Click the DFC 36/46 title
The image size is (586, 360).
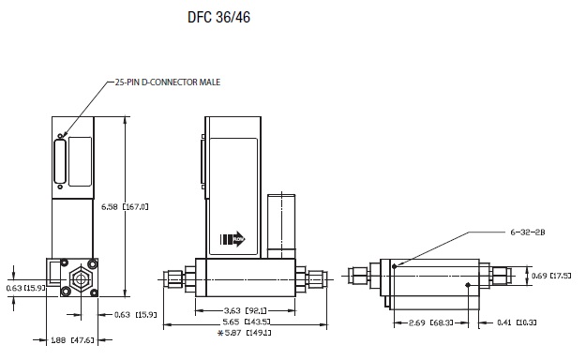(218, 17)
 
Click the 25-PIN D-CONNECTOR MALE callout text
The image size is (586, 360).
(168, 82)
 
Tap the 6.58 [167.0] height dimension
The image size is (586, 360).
(125, 206)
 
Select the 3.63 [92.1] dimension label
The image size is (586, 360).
(245, 310)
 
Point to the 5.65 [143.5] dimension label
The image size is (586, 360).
(246, 322)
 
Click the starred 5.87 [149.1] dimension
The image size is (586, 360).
(245, 332)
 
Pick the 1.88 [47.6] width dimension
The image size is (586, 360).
(72, 340)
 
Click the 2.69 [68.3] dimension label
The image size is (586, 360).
(431, 322)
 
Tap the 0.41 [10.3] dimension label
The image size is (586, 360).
(517, 322)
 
